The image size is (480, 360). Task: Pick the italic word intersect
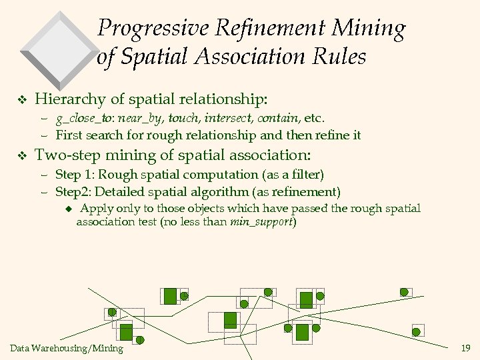pyautogui.click(x=228, y=119)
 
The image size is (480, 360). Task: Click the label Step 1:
pyautogui.click(x=75, y=175)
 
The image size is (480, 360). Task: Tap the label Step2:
pyautogui.click(x=73, y=193)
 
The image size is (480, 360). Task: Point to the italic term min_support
pyautogui.click(x=261, y=222)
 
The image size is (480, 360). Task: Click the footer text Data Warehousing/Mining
pyautogui.click(x=67, y=348)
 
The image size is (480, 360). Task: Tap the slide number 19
pyautogui.click(x=465, y=348)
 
